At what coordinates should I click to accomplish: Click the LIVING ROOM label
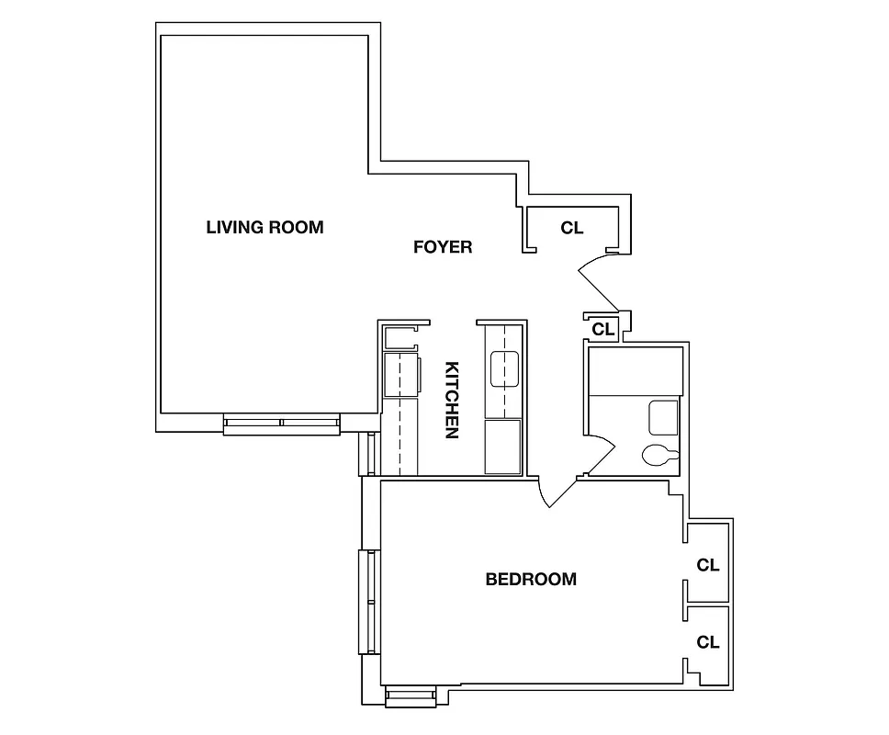(x=264, y=227)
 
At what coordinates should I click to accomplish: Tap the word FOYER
(x=442, y=247)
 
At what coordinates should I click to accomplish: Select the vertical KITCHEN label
(x=452, y=400)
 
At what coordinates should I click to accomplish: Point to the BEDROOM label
(x=531, y=580)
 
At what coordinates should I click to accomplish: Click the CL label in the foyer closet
(x=571, y=228)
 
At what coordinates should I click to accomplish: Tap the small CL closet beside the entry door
(x=602, y=328)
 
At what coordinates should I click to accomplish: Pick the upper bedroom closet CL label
(x=707, y=565)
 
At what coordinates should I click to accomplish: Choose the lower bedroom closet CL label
(x=707, y=641)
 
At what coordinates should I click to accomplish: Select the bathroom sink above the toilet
(x=663, y=418)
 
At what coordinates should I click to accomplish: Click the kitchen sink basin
(x=505, y=369)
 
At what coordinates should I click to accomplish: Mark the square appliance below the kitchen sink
(x=502, y=447)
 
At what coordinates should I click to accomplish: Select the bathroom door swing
(x=601, y=455)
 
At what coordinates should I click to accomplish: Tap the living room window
(x=281, y=424)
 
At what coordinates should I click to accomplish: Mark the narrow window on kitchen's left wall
(x=371, y=453)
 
